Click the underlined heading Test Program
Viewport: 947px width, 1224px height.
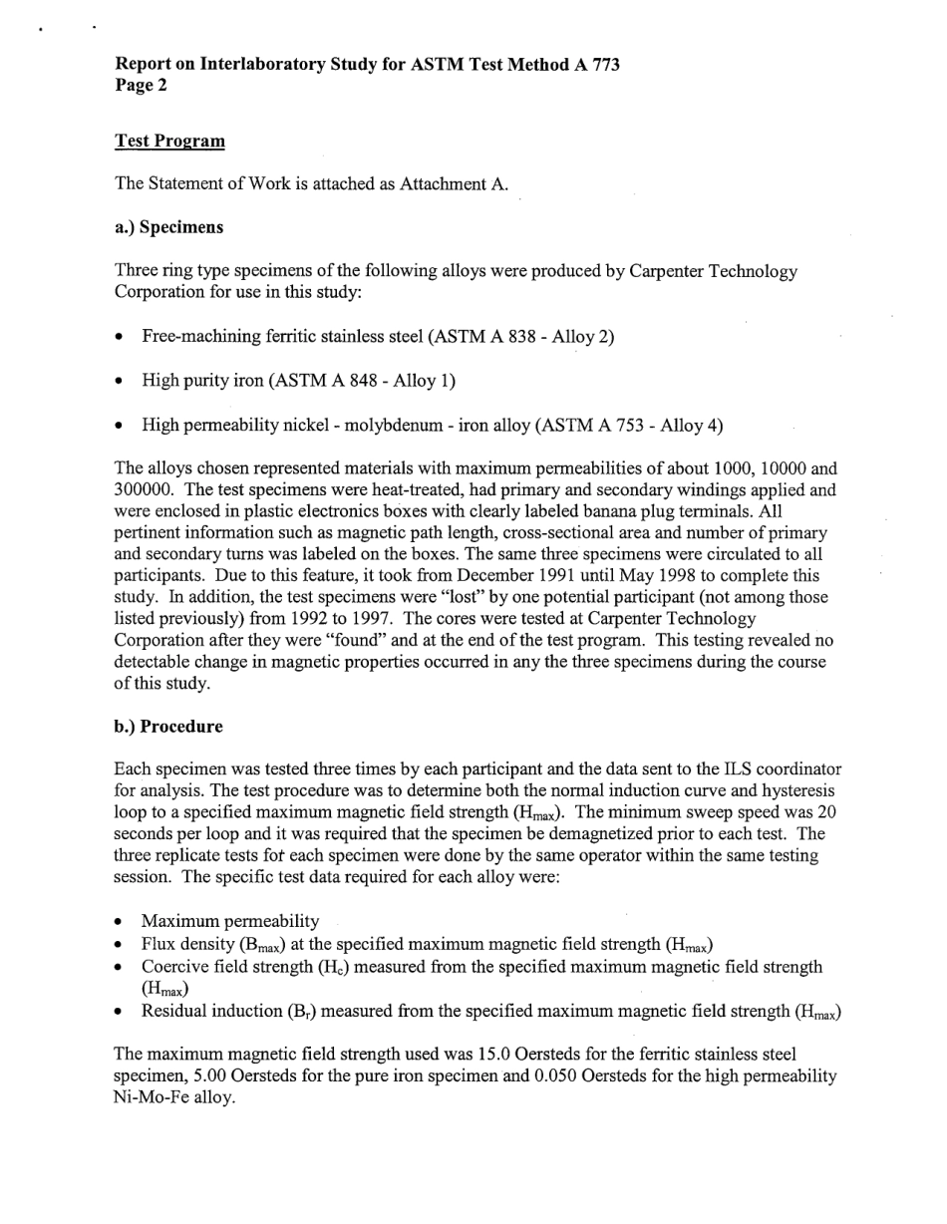169,141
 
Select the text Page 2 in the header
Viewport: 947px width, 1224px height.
142,86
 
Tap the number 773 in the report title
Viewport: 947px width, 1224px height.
602,65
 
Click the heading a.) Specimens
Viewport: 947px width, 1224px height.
169,227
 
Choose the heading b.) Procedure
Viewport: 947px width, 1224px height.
168,727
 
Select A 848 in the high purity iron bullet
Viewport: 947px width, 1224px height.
360,381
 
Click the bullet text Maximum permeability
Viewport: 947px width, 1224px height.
230,921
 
